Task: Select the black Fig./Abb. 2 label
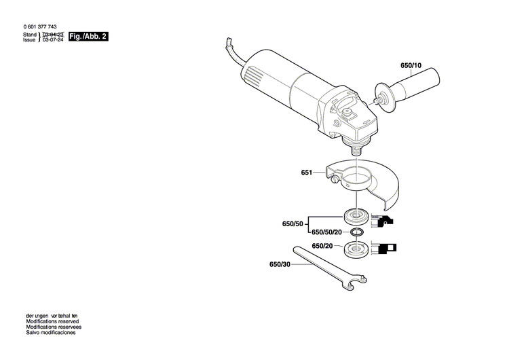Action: click(x=89, y=36)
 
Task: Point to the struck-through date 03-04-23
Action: click(x=54, y=33)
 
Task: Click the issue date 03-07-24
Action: click(x=54, y=40)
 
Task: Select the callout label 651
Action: click(x=306, y=173)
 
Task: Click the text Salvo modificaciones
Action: click(x=50, y=333)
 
